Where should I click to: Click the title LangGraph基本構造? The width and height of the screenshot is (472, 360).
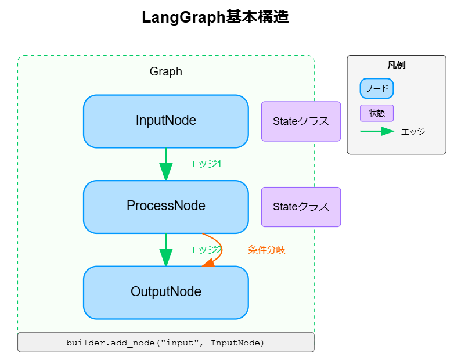pos(215,17)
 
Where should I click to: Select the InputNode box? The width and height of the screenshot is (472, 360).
pos(165,121)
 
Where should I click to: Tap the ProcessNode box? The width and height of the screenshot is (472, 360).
pos(165,206)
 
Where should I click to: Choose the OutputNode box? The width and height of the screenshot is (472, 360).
pos(165,292)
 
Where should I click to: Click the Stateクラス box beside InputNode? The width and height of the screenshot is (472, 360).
pos(301,121)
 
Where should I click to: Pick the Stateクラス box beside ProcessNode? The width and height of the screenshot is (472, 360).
pos(301,207)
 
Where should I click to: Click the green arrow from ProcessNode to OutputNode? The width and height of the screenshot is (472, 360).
pos(166,250)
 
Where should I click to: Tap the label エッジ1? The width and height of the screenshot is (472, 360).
pos(205,164)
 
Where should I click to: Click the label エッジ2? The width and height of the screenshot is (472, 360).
pos(205,250)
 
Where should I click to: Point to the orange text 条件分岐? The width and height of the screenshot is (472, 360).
pos(266,250)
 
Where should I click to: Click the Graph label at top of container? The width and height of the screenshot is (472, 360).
pos(165,71)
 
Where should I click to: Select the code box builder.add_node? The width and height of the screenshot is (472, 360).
pos(165,343)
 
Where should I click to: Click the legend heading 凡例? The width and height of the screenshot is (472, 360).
pos(396,66)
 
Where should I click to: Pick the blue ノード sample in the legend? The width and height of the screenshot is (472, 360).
pos(377,89)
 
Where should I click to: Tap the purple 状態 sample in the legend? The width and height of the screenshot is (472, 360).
pos(377,113)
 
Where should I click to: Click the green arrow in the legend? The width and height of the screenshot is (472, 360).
pos(377,132)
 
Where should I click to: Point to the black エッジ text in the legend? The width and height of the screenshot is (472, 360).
pos(413,132)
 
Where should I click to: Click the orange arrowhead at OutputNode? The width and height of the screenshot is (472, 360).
pos(208,263)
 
